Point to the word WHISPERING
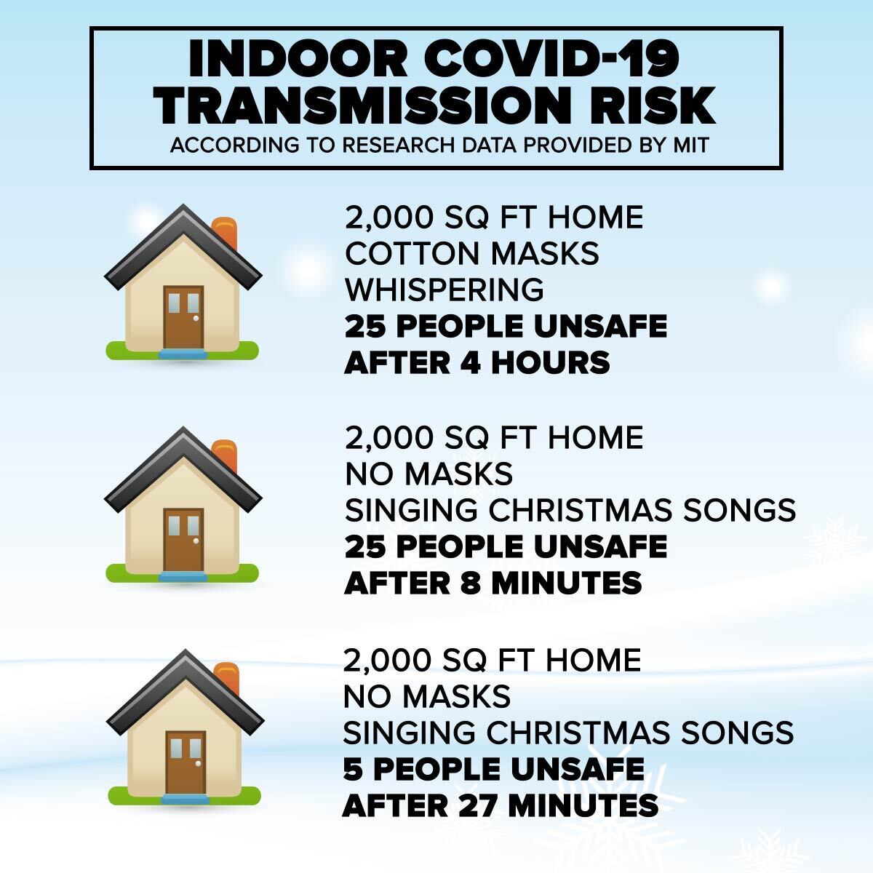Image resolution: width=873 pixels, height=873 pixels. (x=445, y=290)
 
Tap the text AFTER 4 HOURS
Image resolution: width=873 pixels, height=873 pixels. (x=477, y=363)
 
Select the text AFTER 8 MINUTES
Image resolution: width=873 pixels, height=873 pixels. (x=493, y=583)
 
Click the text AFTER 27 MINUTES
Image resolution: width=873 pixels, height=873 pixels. (x=500, y=805)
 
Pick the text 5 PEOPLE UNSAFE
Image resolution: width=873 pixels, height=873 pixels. (x=494, y=768)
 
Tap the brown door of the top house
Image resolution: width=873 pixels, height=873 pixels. (x=183, y=318)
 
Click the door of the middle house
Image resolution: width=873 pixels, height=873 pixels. (x=183, y=540)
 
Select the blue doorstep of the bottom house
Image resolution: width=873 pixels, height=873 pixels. (x=186, y=799)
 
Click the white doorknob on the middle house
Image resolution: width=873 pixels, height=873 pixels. (x=196, y=541)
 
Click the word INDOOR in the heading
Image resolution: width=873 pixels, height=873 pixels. (x=298, y=59)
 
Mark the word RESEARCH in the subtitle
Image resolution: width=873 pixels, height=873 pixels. (x=398, y=145)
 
